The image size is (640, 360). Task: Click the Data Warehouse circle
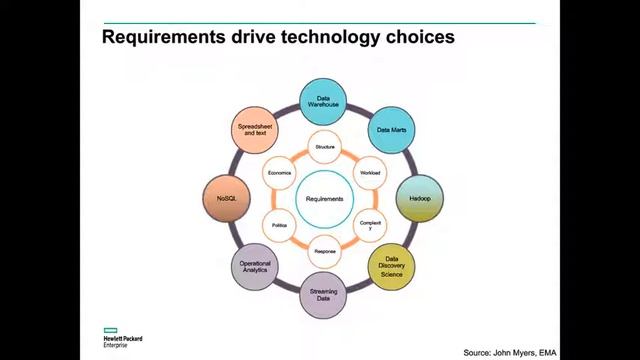point(324,101)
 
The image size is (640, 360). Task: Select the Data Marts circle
point(389,130)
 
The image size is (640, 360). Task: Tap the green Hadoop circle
point(419,199)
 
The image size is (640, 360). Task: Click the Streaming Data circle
point(323,295)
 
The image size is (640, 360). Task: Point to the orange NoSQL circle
point(226,199)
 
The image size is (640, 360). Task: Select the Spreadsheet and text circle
point(256,130)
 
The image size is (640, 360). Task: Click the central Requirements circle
point(324,199)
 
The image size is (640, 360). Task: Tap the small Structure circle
point(324,147)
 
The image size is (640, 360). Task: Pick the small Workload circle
point(370,173)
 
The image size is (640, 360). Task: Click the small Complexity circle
point(370,225)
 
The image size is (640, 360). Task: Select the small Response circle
point(324,251)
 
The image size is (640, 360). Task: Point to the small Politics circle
point(279,225)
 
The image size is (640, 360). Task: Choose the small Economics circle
point(279,173)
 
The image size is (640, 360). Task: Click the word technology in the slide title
point(324,38)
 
